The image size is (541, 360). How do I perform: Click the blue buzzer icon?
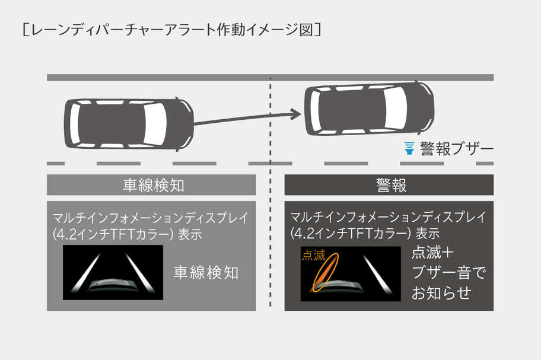409,148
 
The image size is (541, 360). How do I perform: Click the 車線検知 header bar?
151,185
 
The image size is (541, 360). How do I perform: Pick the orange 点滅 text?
314,255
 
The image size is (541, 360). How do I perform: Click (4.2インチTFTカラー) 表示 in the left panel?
127,234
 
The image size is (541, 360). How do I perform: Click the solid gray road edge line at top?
270,78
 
